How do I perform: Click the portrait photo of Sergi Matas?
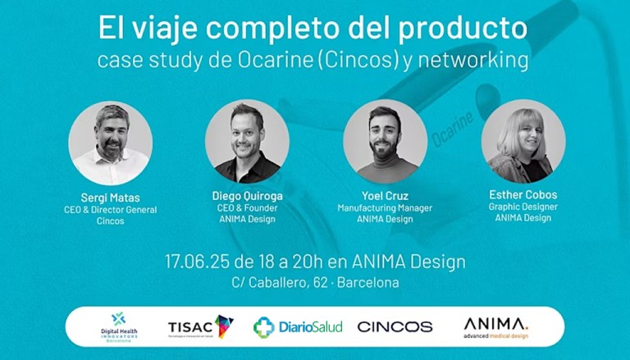110,143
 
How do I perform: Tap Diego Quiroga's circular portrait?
247,142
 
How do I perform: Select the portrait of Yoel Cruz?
385,142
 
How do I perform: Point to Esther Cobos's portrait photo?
523,141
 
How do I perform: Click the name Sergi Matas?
110,197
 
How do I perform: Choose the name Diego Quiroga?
247,195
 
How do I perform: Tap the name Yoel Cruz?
385,195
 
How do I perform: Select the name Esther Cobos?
523,195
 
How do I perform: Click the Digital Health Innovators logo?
119,326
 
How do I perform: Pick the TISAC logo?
200,326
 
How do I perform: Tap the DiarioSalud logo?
298,326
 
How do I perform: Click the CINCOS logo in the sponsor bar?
395,326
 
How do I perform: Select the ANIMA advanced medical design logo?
495,326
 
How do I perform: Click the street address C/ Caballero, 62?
278,283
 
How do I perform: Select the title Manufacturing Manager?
385,208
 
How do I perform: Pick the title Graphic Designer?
523,207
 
